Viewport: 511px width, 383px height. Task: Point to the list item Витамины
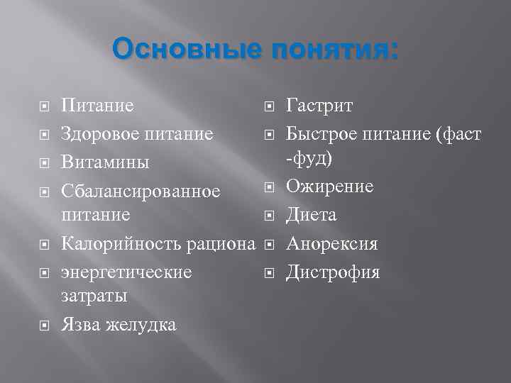[105, 162]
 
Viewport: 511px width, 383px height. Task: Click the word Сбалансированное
[141, 191]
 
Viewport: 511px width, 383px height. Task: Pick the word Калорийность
[121, 245]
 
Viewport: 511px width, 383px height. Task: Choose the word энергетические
[126, 272]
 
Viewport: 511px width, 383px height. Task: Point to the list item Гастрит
[319, 106]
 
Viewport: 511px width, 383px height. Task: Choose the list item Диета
[311, 215]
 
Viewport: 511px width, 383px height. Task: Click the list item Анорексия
[331, 244]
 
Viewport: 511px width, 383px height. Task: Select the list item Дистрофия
[333, 272]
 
